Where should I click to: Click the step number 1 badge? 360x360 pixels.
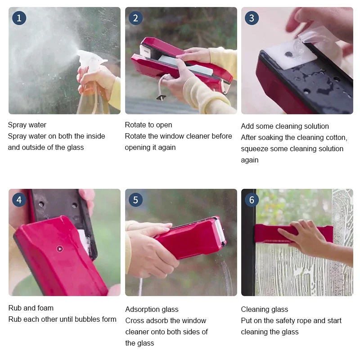coord(19,18)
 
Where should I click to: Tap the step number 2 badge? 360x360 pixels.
coord(136,18)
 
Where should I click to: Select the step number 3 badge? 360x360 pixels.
coord(252,18)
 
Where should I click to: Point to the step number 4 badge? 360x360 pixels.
coord(19,200)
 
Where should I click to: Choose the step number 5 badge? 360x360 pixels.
coord(136,200)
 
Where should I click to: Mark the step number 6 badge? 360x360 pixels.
coord(252,200)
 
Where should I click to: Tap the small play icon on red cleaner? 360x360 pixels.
coord(60,249)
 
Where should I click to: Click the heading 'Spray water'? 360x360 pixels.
coord(27,125)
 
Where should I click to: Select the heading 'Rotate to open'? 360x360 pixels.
coord(148,125)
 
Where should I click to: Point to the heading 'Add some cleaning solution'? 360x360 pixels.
coord(285,126)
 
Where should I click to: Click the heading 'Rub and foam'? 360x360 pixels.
coord(31,308)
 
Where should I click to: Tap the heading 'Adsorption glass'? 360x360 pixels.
coord(152,309)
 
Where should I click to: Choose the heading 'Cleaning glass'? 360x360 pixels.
coord(265,309)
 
